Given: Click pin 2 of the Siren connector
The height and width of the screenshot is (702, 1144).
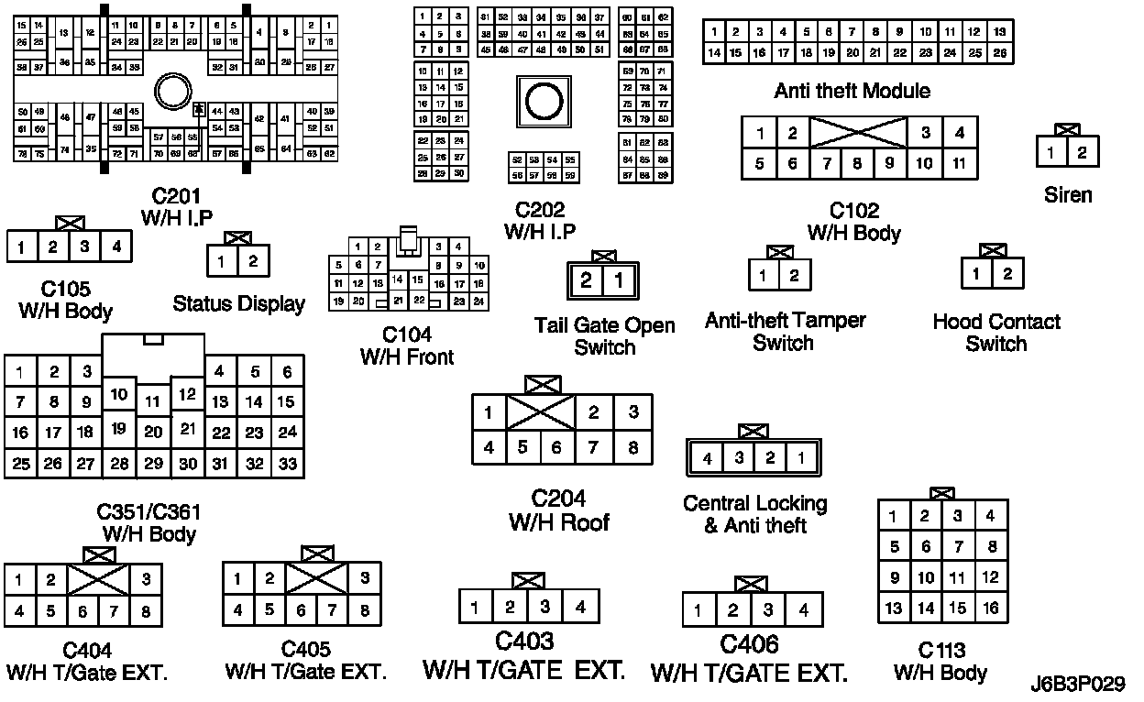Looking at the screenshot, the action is click(x=1083, y=153).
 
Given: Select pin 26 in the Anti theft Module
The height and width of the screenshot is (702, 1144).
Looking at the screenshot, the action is click(x=999, y=53).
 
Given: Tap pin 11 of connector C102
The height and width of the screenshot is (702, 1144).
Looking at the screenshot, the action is click(x=959, y=164).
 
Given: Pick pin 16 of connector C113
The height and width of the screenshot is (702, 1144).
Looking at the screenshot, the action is click(x=990, y=608).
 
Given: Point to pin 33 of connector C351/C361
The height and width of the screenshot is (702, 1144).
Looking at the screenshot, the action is click(x=288, y=464).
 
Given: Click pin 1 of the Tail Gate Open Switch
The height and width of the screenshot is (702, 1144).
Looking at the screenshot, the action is click(x=620, y=280).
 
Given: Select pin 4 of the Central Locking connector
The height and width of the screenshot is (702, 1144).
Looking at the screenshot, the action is click(x=708, y=458).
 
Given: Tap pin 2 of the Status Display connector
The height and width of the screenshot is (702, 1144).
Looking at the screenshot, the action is click(x=253, y=262).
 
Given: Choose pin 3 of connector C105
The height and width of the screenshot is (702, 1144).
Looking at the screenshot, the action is click(x=84, y=247).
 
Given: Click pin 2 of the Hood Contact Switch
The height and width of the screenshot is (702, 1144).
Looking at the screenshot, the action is click(x=1006, y=273).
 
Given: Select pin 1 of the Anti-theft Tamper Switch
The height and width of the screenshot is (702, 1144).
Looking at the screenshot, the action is click(x=764, y=275).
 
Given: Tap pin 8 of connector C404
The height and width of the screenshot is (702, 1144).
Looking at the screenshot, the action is click(x=144, y=611).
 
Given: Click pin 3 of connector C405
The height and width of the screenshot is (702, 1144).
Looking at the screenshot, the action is click(x=364, y=578).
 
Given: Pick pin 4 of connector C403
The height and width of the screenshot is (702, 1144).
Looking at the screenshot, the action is click(x=579, y=606).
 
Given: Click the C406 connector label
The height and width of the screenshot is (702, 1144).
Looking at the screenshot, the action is click(x=749, y=644).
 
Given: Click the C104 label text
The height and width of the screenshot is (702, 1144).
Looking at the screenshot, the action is click(x=407, y=335).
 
